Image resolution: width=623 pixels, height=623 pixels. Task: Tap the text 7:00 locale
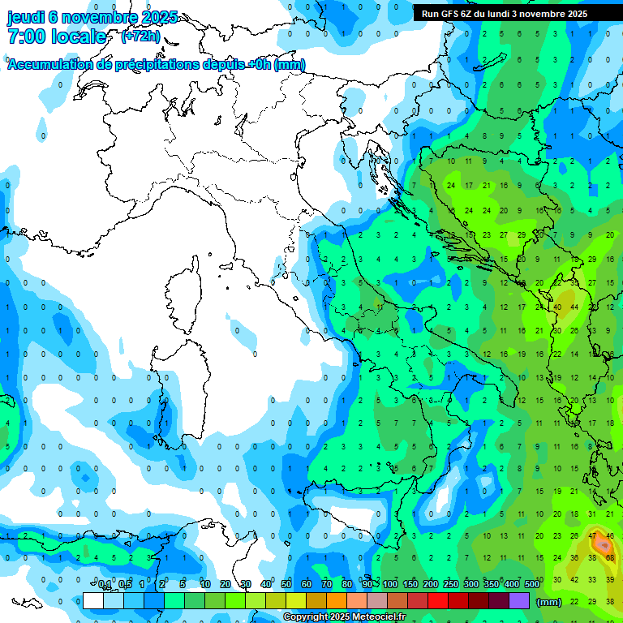56,37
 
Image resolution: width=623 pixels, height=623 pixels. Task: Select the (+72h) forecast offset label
140,36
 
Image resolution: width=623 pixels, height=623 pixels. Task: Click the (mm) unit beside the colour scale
549,602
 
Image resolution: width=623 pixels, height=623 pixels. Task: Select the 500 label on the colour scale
532,585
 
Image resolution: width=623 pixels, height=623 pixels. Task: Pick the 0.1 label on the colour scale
105,585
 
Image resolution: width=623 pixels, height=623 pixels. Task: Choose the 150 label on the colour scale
410,585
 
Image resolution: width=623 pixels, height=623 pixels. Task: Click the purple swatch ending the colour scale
519,601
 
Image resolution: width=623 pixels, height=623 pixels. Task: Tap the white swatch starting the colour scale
93,601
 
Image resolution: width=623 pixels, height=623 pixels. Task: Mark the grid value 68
610,558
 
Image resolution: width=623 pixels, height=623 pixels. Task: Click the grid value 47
593,536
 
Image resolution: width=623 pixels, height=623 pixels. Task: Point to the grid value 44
574,307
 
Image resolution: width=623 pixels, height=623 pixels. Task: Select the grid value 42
574,579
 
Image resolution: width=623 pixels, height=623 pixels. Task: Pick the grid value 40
557,307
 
